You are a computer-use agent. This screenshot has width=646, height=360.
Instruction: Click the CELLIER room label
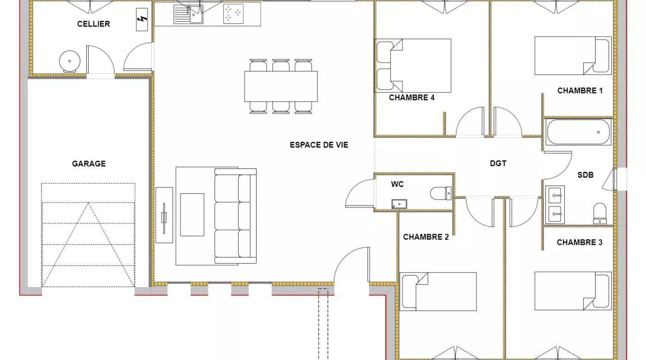tap(93, 24)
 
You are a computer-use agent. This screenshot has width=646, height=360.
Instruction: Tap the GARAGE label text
tap(89, 164)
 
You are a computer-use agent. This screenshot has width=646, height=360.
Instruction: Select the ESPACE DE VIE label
tap(319, 145)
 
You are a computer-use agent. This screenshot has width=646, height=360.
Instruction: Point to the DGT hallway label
tap(498, 163)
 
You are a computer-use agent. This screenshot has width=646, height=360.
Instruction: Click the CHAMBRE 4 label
tap(412, 97)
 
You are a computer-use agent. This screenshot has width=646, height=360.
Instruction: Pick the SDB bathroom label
tap(586, 175)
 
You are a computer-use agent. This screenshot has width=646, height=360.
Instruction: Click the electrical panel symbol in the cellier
tap(142, 19)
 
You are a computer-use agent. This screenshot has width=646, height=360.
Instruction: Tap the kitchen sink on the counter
tap(188, 14)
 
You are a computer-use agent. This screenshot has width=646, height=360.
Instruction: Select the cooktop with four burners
tap(233, 14)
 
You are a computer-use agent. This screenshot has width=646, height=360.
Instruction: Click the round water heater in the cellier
tap(70, 61)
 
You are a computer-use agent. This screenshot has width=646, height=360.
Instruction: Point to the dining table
tap(281, 87)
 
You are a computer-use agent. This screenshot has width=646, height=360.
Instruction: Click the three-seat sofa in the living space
tap(235, 216)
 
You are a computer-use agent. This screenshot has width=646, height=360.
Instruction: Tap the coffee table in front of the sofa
tap(192, 215)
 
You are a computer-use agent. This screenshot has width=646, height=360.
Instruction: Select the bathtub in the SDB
tap(578, 132)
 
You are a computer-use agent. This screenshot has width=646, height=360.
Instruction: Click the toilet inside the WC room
tap(441, 193)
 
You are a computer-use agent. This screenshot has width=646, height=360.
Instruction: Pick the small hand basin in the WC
tap(399, 204)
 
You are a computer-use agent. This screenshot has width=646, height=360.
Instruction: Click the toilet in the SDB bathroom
tap(600, 213)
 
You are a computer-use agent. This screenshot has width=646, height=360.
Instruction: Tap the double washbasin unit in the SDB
tap(555, 204)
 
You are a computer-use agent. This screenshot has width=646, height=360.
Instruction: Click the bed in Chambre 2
tap(438, 292)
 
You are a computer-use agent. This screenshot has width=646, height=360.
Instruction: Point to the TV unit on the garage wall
tap(164, 215)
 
